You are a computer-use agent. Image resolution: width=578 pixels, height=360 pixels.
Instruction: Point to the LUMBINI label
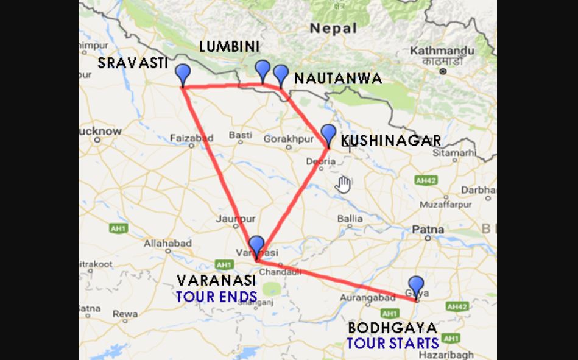[x=229, y=47]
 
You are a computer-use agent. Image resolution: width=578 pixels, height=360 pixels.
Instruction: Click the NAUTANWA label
[x=338, y=79]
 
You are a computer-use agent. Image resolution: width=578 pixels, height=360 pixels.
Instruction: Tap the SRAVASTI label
[x=133, y=63]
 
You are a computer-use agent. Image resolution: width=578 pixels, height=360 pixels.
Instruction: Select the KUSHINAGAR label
[x=390, y=141]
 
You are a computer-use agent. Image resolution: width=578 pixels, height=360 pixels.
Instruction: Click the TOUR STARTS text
[x=393, y=343]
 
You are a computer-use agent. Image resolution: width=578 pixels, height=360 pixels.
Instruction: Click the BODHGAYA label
[x=393, y=328]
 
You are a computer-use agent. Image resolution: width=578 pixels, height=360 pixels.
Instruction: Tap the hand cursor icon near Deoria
[x=344, y=184]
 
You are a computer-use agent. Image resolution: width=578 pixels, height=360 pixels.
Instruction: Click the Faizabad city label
[x=191, y=138]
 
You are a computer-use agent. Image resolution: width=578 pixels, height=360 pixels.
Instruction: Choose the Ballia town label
[x=350, y=218]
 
